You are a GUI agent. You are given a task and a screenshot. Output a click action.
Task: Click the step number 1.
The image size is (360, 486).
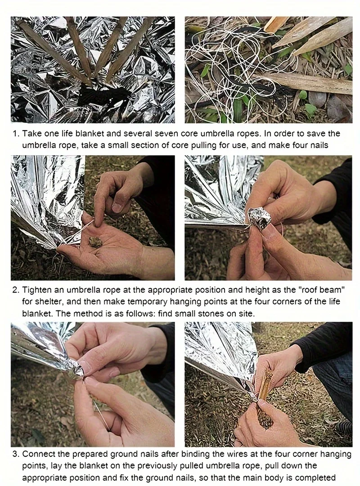coord(15,134)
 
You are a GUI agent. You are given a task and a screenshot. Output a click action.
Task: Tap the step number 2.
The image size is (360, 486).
coord(15,290)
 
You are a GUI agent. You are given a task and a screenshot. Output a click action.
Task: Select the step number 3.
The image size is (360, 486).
coord(15,454)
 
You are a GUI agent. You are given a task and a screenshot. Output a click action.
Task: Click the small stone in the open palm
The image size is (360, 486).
coord(94,242)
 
